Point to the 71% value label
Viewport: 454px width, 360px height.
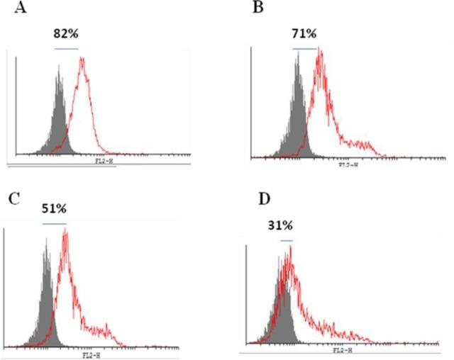click(x=305, y=33)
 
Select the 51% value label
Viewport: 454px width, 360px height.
click(x=55, y=210)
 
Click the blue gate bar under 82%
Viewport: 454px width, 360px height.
click(x=66, y=49)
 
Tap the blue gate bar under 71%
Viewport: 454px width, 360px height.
click(x=305, y=49)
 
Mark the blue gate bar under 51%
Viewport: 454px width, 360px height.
click(x=55, y=224)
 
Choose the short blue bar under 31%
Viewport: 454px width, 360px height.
click(x=286, y=241)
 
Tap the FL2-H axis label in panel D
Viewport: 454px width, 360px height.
click(x=342, y=349)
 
